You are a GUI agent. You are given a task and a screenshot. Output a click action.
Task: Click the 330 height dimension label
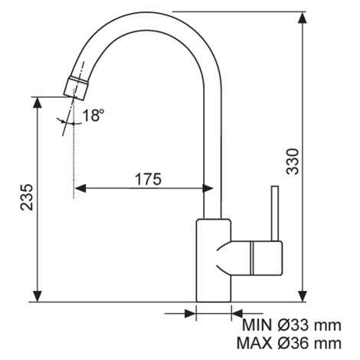coord(293,162)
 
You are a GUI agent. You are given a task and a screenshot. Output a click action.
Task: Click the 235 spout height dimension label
coord(27,197)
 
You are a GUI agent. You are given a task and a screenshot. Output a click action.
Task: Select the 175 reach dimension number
coord(148,179)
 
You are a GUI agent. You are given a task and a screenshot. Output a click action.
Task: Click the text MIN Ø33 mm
coord(292,326)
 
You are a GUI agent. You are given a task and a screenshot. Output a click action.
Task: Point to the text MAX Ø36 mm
coord(289,343)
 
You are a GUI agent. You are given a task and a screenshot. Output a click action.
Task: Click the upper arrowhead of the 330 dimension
coord(303,18)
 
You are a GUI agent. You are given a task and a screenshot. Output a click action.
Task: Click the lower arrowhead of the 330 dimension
coord(303,296)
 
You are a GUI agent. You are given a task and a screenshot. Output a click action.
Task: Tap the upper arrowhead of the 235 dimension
coord(38,103)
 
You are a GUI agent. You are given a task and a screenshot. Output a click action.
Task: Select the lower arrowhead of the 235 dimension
coord(38,296)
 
